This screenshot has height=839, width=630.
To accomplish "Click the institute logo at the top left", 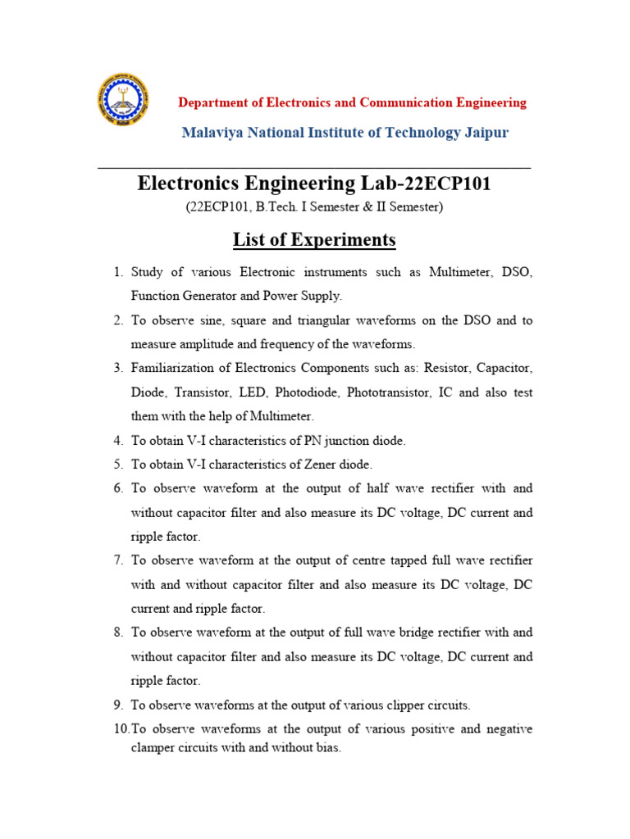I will tap(124, 100).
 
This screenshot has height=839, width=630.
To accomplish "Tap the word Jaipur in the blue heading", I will tap(483, 133).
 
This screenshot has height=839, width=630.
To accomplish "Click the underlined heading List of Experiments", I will tap(314, 240).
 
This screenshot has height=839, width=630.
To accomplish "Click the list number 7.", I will tap(118, 560).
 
